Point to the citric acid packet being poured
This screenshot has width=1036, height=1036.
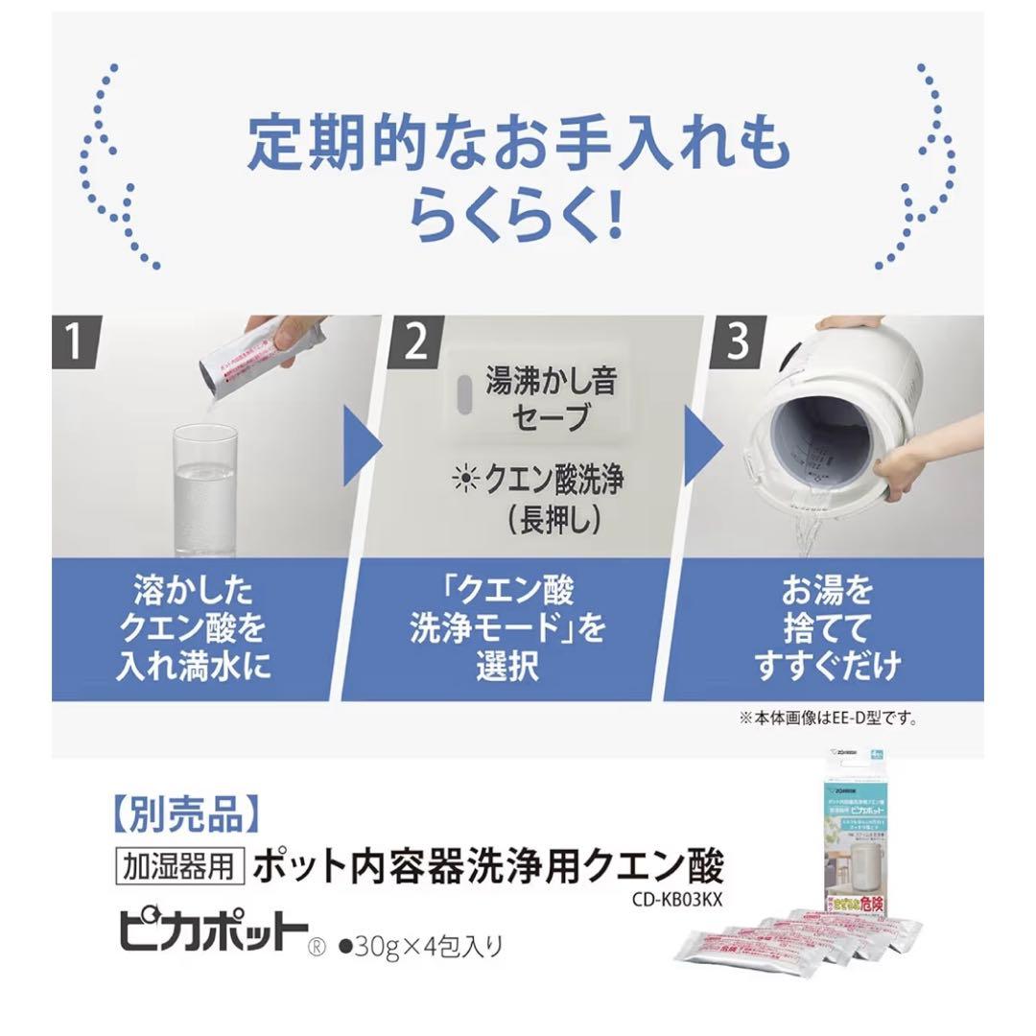click(x=251, y=360)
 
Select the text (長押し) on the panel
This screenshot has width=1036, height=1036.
click(x=525, y=519)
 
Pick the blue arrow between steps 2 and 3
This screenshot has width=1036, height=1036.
click(x=704, y=444)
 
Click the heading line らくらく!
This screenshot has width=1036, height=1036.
click(x=517, y=217)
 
